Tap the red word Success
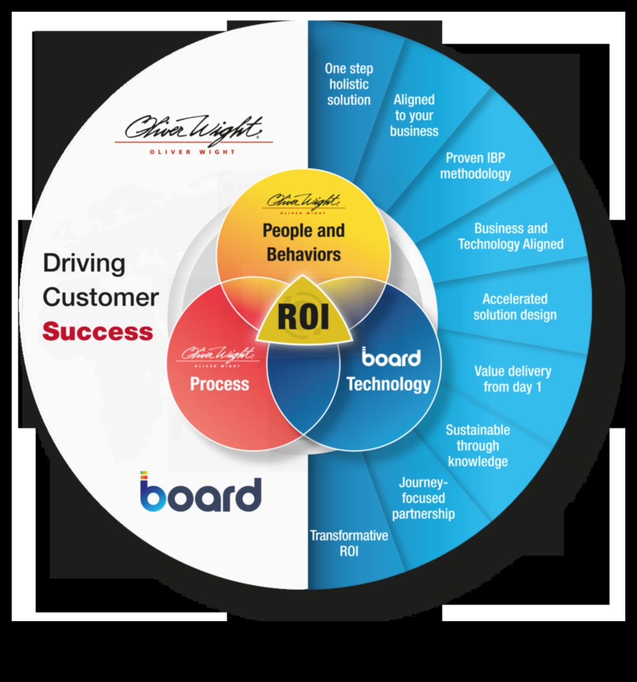tap(98, 332)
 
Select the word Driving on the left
tap(84, 263)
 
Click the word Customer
tap(101, 297)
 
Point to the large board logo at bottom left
tap(200, 493)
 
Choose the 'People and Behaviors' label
tap(303, 242)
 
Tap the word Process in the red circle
tap(219, 384)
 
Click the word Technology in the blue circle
tap(388, 384)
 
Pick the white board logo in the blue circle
tap(391, 357)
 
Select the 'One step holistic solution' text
tap(349, 84)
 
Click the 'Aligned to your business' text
tap(414, 115)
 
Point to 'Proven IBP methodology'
tap(475, 166)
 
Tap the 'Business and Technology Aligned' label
tap(511, 236)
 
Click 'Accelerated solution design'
tap(515, 307)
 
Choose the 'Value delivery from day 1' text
tap(512, 379)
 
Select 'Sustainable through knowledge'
tap(478, 446)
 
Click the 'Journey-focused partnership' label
tap(423, 498)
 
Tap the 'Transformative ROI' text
tap(349, 543)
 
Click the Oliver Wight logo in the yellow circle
tap(304, 202)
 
